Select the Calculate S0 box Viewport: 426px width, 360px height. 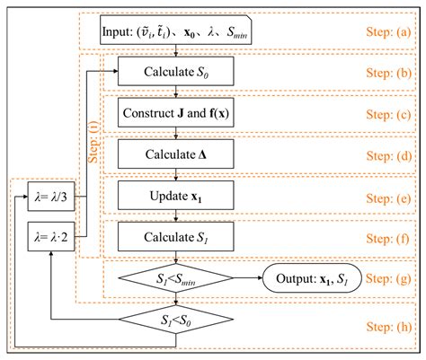[x=175, y=69]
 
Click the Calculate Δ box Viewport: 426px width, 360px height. [x=175, y=154]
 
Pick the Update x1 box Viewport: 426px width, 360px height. [x=175, y=195]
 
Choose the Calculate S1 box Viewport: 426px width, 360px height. [x=175, y=236]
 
